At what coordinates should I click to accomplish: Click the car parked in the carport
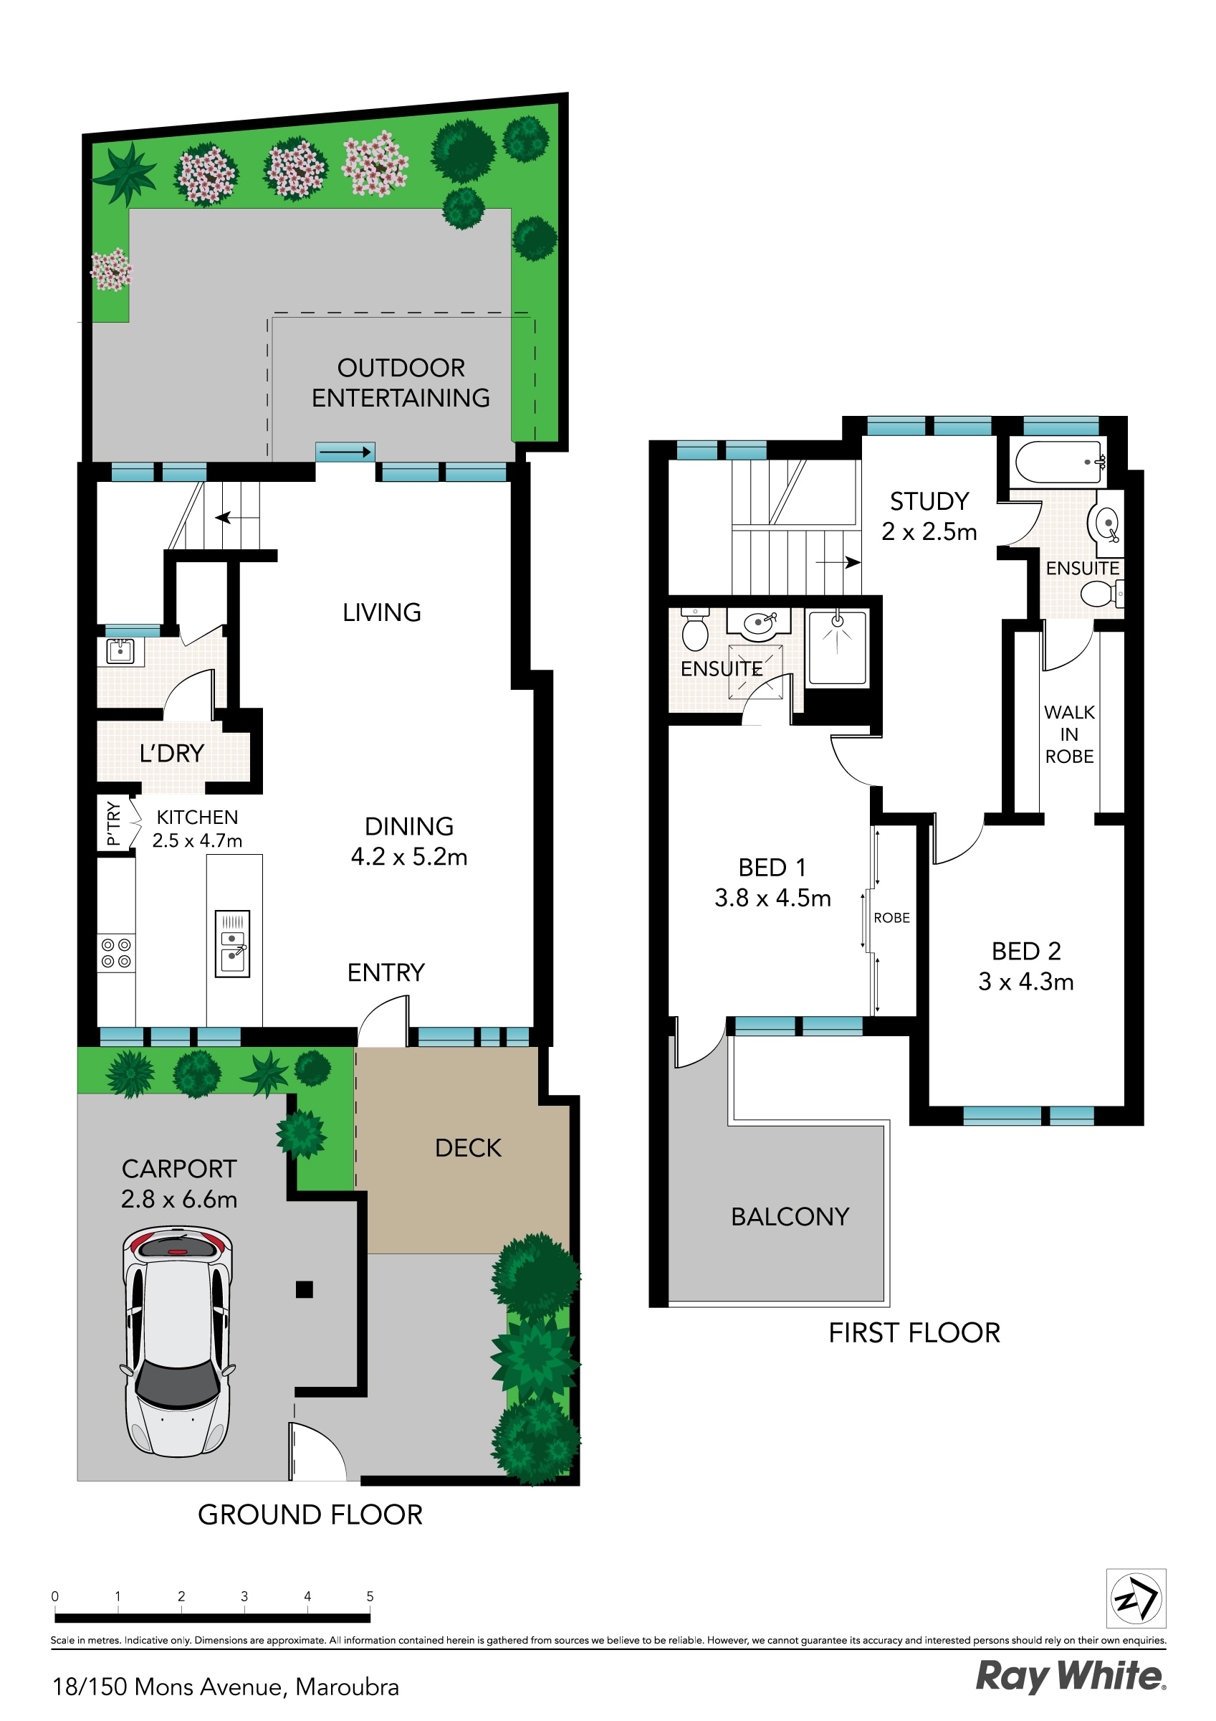[x=178, y=1342]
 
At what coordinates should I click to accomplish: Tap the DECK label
[x=467, y=1147]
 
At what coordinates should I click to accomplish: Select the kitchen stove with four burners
[x=116, y=953]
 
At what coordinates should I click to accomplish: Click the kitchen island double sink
[x=232, y=944]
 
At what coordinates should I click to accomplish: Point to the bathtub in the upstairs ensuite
[x=1057, y=462]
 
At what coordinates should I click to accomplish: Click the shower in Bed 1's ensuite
[x=837, y=648]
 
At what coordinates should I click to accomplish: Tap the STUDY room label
[x=929, y=501]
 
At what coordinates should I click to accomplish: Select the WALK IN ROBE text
[x=1069, y=734]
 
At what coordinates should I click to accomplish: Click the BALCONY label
[x=790, y=1217]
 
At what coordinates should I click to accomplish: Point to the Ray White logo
[x=1070, y=1676]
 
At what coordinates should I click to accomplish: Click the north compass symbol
[x=1135, y=1599]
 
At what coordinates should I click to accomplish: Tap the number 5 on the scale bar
[x=370, y=1596]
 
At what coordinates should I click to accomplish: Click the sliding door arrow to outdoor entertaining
[x=345, y=452]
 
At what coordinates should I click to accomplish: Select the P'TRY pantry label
[x=113, y=823]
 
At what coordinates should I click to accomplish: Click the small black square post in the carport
[x=305, y=1289]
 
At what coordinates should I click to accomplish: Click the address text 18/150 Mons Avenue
[x=225, y=1687]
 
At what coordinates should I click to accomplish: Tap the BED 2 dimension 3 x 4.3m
[x=1025, y=981]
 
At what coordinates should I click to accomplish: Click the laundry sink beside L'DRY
[x=120, y=650]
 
